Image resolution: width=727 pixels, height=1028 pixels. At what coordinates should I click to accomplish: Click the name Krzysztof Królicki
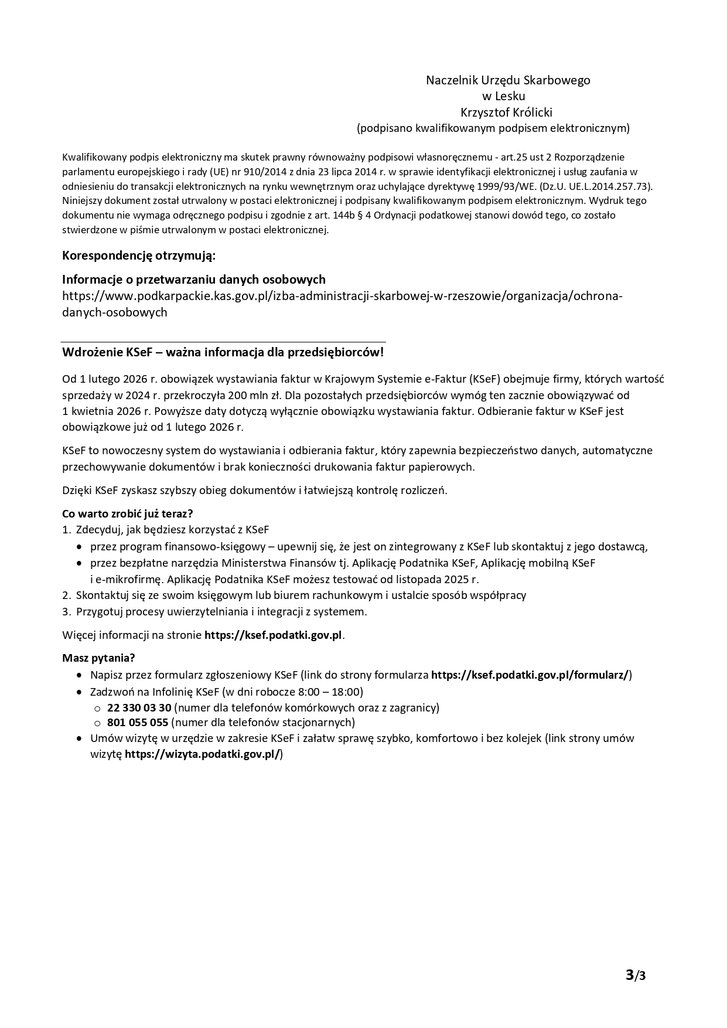[507, 112]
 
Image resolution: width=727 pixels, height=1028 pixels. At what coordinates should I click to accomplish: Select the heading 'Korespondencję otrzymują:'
[139, 256]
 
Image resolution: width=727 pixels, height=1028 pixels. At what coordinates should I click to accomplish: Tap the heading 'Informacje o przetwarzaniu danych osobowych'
[194, 280]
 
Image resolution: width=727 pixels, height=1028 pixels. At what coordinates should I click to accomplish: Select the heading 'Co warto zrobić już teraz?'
[128, 514]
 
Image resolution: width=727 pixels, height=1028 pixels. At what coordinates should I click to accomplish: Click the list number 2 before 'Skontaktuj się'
[66, 595]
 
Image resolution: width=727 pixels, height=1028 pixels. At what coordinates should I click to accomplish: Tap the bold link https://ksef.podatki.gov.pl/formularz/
[530, 675]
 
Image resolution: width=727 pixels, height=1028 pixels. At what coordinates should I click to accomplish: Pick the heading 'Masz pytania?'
[98, 658]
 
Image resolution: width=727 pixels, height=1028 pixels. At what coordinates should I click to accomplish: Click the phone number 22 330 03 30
[139, 707]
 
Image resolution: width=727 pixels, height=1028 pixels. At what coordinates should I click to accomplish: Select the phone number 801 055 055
[138, 723]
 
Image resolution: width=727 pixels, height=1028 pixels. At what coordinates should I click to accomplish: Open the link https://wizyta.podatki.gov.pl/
[202, 754]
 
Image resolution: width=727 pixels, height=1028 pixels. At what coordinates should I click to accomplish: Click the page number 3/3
[636, 975]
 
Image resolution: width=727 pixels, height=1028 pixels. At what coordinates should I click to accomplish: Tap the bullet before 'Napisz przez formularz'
[79, 675]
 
